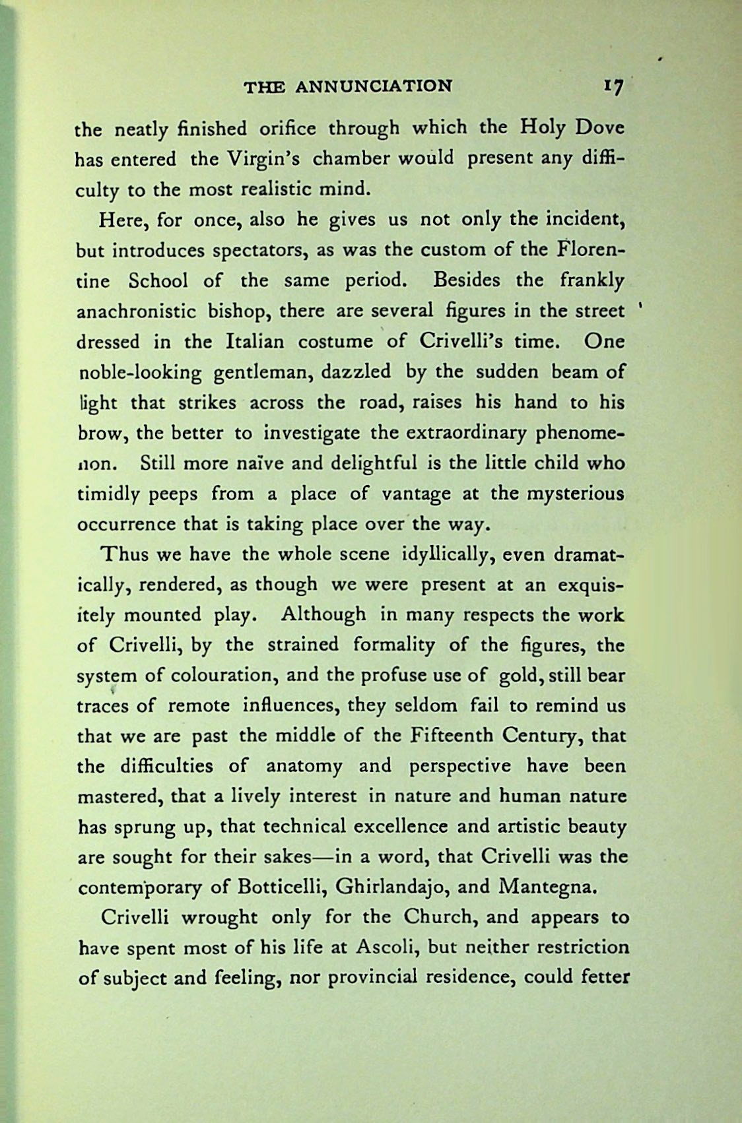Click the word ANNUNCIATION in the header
coord(374,86)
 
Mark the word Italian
coord(255,342)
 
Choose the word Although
coord(323,615)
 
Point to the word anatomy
coord(304,767)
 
